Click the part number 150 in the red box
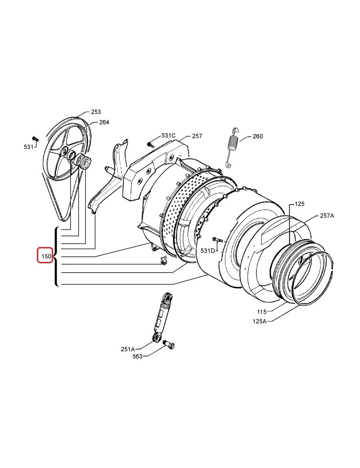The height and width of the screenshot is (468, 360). pos(46,256)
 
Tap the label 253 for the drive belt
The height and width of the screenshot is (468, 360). pos(96,112)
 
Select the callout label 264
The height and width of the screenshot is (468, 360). pos(104,122)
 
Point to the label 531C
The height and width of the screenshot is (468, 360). pos(169,135)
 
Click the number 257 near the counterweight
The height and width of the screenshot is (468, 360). pos(197,136)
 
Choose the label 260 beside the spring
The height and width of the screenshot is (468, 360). pos(257,136)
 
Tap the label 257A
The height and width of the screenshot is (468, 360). pos(327,216)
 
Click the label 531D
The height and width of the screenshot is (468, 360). pos(208,251)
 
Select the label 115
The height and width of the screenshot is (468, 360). pos(261,312)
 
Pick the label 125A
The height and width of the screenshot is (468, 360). pos(259,321)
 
